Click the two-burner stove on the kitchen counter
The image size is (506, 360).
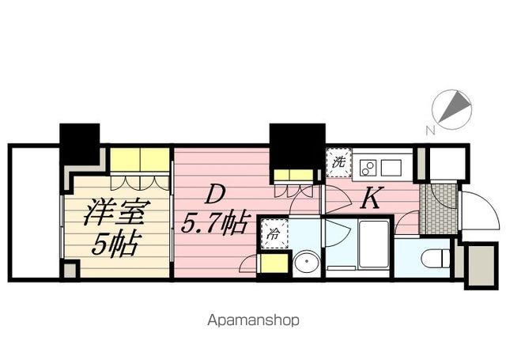click(368, 167)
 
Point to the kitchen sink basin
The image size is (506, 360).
click(393, 167)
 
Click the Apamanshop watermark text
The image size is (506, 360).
click(253, 320)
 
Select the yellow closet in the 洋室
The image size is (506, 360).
click(140, 162)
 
